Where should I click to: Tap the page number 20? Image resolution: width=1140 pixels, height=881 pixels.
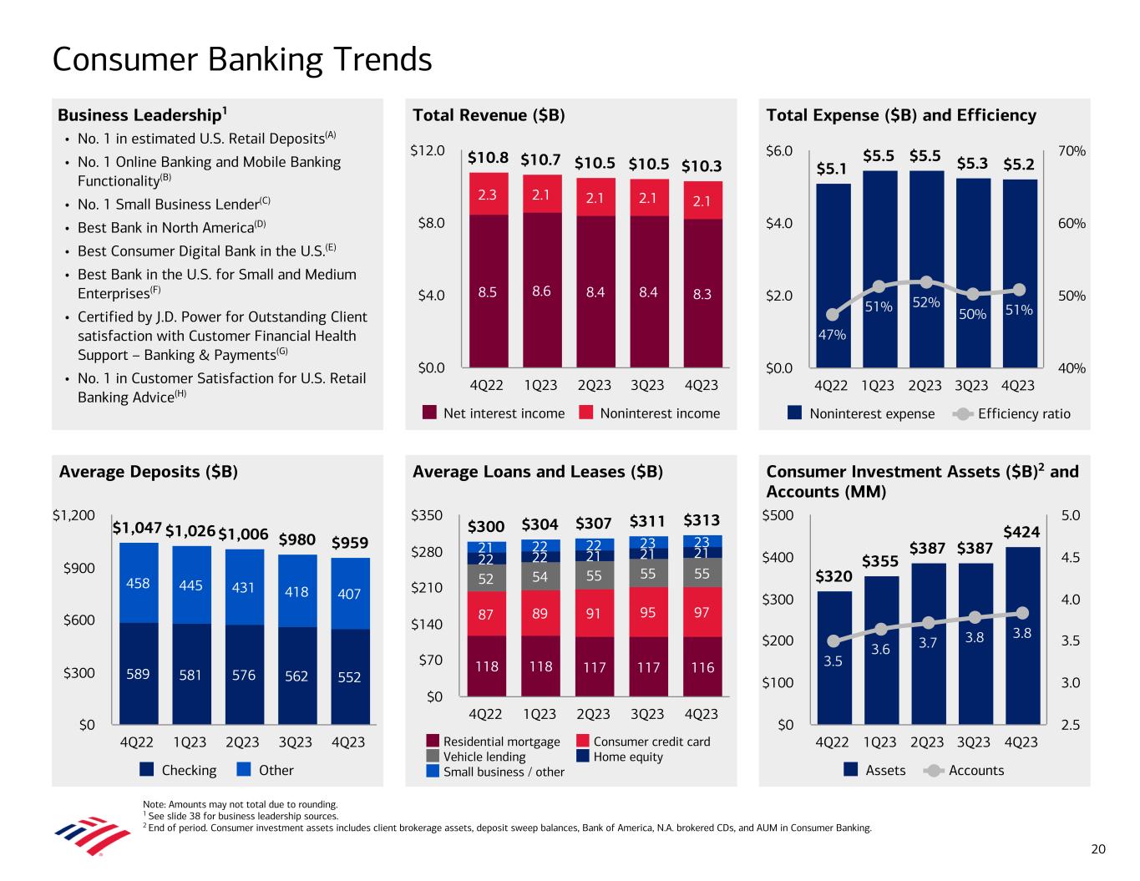coord(1098,849)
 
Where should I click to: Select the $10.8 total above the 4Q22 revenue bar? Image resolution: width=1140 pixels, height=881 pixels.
coord(488,158)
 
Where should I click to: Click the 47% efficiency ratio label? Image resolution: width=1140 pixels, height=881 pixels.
coord(832,335)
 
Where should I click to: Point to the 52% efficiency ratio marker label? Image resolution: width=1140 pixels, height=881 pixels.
coord(925,302)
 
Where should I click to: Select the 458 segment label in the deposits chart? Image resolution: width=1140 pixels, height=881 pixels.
coord(138,584)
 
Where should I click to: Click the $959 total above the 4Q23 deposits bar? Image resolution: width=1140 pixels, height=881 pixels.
coord(350,544)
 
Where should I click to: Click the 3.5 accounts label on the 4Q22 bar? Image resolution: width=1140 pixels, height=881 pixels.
coord(833,661)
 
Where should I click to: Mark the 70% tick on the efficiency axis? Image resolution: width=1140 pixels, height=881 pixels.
coord(1072,151)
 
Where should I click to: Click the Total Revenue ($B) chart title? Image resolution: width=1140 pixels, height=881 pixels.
coord(489,115)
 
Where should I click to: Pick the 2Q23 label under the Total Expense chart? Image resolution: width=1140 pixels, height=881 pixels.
coord(925,385)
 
